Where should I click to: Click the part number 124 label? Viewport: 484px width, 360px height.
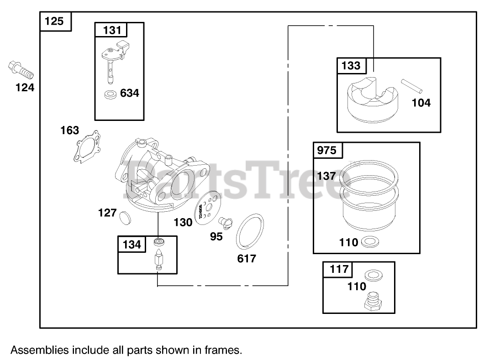[25, 87]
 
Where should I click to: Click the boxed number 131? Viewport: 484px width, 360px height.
[111, 30]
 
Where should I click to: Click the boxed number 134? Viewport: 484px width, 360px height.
[132, 245]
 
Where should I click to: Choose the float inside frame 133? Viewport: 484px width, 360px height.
[372, 101]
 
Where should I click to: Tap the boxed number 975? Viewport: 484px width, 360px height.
[327, 151]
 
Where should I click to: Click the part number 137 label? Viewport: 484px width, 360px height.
[326, 176]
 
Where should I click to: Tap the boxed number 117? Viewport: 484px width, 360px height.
[339, 270]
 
